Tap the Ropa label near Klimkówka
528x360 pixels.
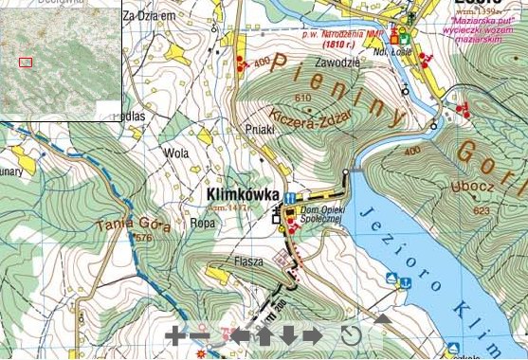tap(202, 224)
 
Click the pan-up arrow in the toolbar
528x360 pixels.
tap(264, 335)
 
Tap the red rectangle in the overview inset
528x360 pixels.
tap(26, 63)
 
